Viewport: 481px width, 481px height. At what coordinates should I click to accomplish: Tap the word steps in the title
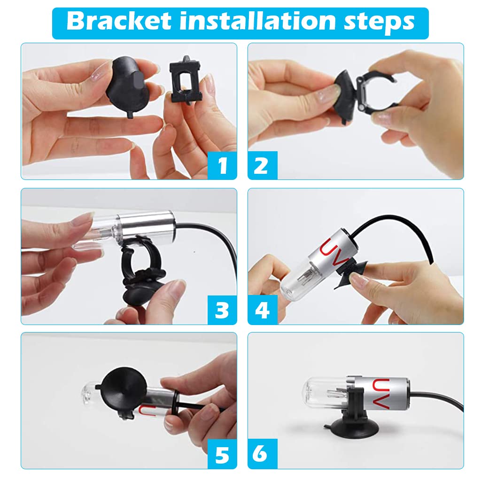[x=379, y=23]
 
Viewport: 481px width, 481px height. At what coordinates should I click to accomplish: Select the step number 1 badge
[x=222, y=165]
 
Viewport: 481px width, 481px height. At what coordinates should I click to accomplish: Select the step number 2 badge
[x=263, y=165]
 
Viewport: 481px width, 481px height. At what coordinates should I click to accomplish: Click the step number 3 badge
[x=222, y=310]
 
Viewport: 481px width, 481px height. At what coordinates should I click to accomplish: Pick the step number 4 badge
[x=263, y=310]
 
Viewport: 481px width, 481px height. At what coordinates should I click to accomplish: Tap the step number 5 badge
[x=222, y=454]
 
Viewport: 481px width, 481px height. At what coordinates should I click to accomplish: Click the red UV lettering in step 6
[x=380, y=394]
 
